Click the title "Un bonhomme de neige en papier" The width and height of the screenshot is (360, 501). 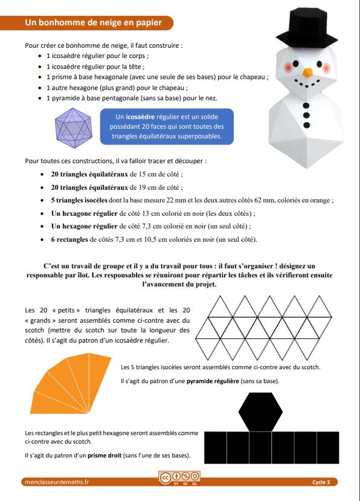pyautogui.click(x=94, y=23)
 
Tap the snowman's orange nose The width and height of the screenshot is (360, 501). pyautogui.click(x=307, y=73)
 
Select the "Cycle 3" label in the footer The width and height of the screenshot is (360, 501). pyautogui.click(x=321, y=482)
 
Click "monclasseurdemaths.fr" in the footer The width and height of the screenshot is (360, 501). pyautogui.click(x=57, y=482)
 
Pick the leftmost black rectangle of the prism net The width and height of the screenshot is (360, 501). pyautogui.click(x=215, y=451)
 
